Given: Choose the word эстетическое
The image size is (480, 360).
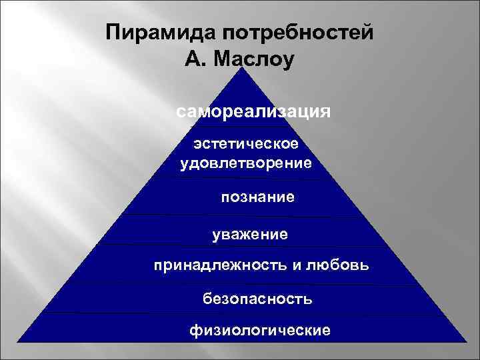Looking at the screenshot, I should [245, 143].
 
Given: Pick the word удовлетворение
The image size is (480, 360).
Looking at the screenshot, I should [245, 163].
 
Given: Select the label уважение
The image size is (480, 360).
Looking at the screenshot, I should [250, 235].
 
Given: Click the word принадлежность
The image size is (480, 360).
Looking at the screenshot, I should [218, 267].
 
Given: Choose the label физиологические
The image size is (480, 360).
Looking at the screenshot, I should [259, 330].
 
